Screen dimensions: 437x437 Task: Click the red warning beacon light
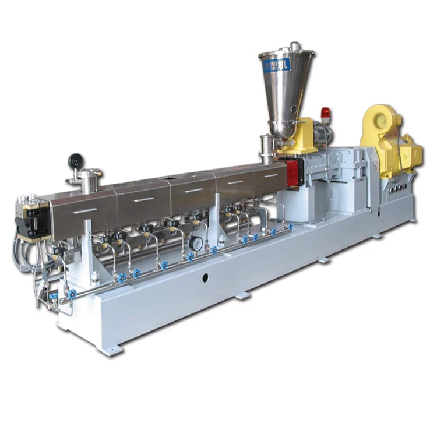[x=325, y=114]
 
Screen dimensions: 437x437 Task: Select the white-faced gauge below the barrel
[x=196, y=244]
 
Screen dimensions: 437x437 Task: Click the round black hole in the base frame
[x=205, y=279]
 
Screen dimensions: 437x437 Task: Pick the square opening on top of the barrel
[x=174, y=175]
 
